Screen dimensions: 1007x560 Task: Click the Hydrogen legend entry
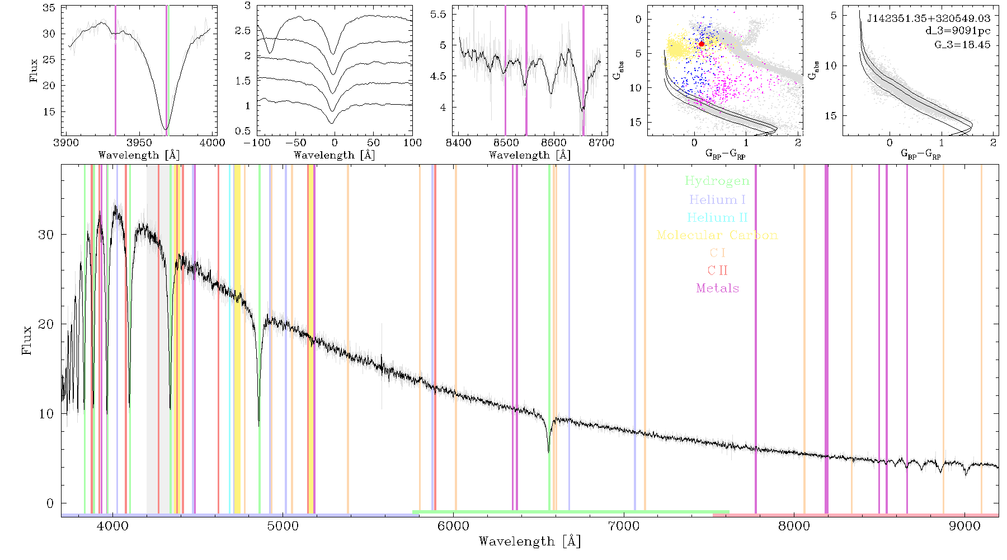717,181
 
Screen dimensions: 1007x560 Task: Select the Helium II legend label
717,218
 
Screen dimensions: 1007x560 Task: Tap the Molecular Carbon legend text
717,235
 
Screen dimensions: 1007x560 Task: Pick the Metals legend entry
718,288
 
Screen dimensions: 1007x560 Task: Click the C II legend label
718,270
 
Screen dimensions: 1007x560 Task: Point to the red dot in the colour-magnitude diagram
702,44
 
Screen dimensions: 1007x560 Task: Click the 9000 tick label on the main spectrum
964,526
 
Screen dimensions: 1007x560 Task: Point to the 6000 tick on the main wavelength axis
453,526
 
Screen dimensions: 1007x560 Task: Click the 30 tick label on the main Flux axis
46,235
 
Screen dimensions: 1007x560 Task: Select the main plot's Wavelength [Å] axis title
529,542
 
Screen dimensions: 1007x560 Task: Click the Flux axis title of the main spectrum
27,339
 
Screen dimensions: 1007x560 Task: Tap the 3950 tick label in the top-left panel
139,142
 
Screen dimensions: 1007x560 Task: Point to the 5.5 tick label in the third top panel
438,14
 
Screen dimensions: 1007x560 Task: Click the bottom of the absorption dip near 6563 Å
548,451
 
